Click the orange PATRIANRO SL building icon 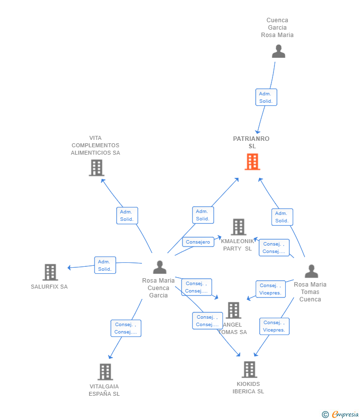click(252, 162)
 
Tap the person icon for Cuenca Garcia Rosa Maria click(278, 51)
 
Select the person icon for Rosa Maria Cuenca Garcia click(160, 267)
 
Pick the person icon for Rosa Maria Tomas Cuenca click(311, 271)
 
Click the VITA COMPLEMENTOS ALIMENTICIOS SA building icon click(96, 168)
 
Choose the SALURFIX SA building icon click(50, 272)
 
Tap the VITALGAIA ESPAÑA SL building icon click(105, 372)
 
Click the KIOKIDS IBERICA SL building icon click(249, 369)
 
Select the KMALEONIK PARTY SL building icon click(238, 227)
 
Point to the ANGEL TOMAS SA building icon click(233, 310)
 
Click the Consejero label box click(198, 242)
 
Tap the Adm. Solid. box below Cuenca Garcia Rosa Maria click(266, 97)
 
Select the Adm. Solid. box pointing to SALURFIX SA click(105, 265)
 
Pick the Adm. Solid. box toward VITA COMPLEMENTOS click(127, 215)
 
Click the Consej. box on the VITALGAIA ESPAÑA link click(126, 328)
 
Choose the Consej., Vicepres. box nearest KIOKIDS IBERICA click(274, 326)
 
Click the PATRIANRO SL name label click(251, 142)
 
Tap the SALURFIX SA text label click(49, 287)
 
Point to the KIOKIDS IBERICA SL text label click(248, 387)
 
